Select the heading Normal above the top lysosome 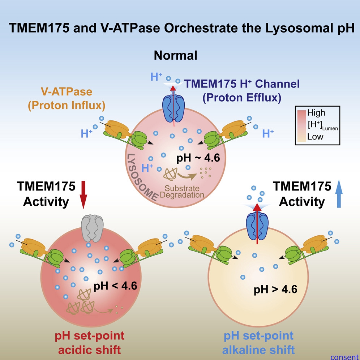[x=176, y=56]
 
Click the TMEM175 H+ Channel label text [x=243, y=85]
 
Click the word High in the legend [x=317, y=111]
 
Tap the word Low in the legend [x=316, y=137]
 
